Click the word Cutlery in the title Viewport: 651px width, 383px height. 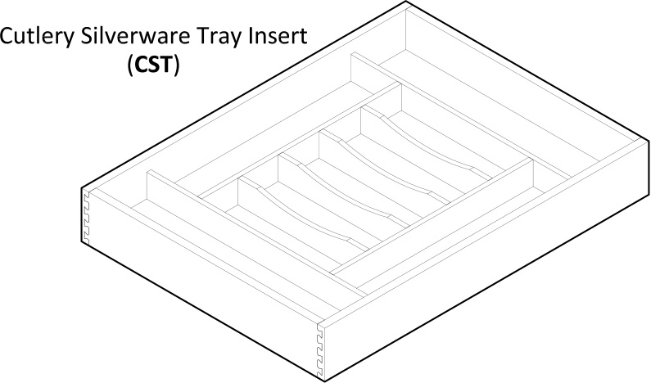(x=37, y=37)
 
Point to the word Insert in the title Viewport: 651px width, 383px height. (x=278, y=36)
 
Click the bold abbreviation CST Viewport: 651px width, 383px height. (x=154, y=65)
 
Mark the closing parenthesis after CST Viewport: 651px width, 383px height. (x=177, y=65)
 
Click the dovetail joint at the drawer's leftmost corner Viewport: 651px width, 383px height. (x=86, y=217)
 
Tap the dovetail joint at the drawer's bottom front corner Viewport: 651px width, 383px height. (x=320, y=347)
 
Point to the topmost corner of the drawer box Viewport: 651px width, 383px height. (x=405, y=2)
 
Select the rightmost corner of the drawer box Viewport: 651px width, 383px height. (x=649, y=140)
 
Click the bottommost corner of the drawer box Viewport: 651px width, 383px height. (x=323, y=381)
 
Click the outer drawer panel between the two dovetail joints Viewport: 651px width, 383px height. (x=202, y=282)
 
